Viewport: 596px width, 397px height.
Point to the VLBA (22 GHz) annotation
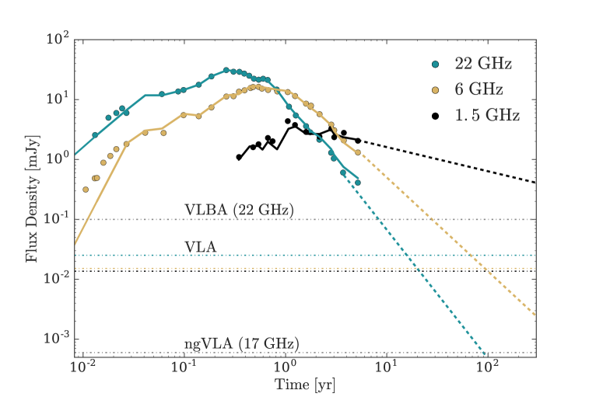238,210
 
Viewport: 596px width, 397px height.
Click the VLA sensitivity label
200,246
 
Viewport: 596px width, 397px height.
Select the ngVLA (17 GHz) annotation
242,343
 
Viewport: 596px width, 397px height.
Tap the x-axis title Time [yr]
305,385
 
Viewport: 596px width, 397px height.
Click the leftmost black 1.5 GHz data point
239,157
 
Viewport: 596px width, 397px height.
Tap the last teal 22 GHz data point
358,183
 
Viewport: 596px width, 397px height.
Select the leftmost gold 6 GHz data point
86,189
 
